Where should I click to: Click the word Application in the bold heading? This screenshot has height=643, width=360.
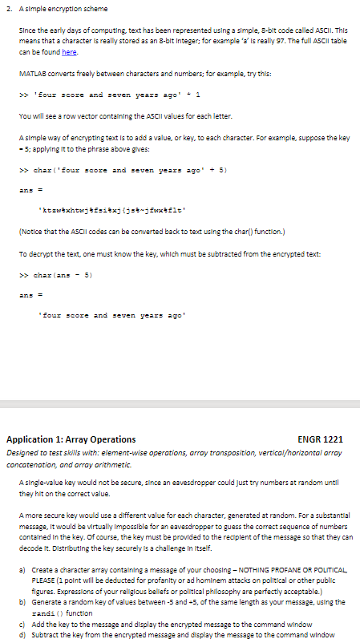[x=30, y=439]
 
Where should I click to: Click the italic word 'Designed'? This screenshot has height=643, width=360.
[x=23, y=452]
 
